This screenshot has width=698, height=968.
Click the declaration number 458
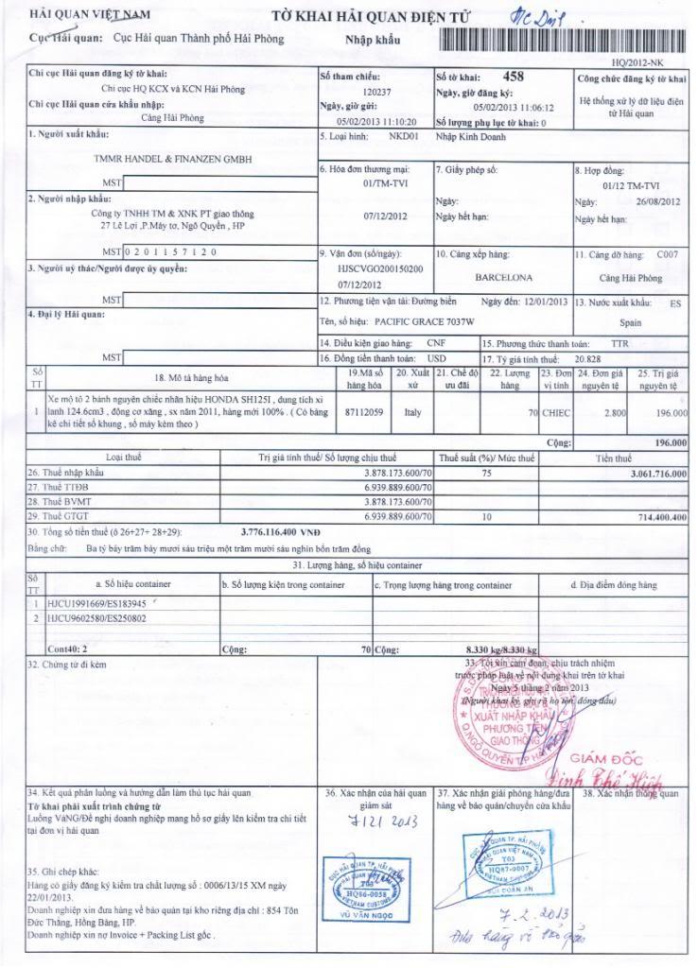tap(512, 77)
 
